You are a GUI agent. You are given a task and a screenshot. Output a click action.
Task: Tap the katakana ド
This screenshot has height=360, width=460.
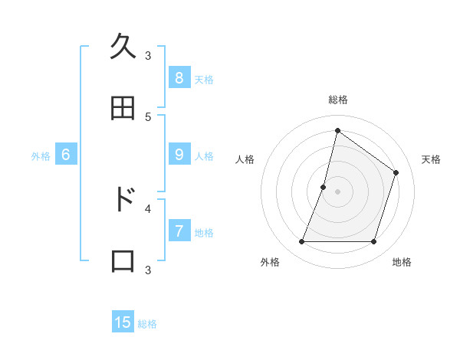pos(123,199)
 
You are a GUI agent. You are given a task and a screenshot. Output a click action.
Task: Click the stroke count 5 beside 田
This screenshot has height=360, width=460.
pos(148,116)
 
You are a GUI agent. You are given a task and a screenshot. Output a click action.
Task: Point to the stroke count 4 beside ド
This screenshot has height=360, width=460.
pos(148,208)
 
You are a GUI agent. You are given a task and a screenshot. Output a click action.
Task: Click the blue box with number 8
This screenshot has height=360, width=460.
pos(179,78)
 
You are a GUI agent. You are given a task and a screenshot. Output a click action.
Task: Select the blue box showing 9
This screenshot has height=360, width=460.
pos(179,155)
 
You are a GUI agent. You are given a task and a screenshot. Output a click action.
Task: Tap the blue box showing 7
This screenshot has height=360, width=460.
pos(179,231)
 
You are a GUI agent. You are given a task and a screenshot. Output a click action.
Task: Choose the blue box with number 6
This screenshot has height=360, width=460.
pos(66,155)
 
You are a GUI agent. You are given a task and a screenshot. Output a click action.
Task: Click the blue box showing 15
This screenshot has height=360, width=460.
pos(123,322)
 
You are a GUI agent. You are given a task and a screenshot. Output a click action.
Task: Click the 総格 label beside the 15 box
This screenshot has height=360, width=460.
pos(147,324)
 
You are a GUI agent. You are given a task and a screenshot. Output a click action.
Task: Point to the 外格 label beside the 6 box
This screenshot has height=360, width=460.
pos(41,156)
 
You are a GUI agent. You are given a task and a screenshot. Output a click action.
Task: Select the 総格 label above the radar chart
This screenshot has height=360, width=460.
pos(337,100)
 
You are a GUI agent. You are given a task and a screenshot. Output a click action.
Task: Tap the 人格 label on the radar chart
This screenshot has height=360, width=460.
pos(245,159)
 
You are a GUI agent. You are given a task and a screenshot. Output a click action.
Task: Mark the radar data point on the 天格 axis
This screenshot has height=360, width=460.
pos(396,172)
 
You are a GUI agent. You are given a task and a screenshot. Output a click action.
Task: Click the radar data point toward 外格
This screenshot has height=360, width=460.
pos(301,242)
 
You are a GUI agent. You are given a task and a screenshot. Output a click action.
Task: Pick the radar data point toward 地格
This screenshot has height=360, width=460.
pos(373,242)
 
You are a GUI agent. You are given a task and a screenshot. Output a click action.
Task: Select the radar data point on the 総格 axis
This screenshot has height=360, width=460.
pos(337,130)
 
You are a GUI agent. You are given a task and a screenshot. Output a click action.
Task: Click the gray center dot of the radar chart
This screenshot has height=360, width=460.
pos(337,191)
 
